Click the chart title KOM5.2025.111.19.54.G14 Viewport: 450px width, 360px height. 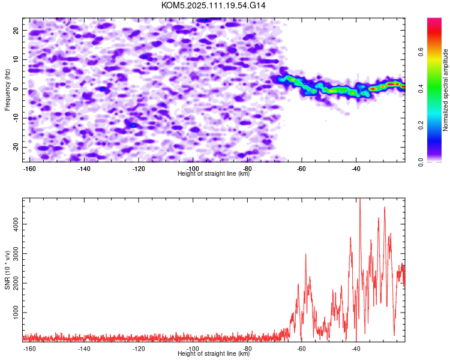pos(213,5)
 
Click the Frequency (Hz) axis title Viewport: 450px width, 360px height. pos(7,90)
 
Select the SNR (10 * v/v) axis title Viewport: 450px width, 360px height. pos(7,270)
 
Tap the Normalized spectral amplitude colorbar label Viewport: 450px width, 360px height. pos(445,90)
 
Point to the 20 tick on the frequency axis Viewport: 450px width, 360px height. pos(16,30)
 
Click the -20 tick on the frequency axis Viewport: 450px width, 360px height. pos(16,147)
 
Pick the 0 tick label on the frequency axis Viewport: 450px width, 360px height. pos(16,89)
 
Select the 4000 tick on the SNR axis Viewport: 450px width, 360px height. pos(16,224)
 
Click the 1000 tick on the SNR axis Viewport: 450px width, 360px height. pos(16,313)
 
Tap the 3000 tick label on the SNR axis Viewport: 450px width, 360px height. pos(16,253)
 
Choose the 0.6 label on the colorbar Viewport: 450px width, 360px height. pos(421,52)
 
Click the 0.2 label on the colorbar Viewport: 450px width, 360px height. pos(421,125)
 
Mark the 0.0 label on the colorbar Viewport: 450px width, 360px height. pos(421,162)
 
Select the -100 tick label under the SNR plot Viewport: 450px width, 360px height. pos(193,349)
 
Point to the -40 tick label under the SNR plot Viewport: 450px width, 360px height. pos(356,349)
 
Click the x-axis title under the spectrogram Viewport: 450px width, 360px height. pos(214,173)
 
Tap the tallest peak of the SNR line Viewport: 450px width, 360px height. pos(360,199)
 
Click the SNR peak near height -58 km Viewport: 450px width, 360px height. pos(305,254)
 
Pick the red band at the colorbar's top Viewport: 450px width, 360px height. pos(434,32)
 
